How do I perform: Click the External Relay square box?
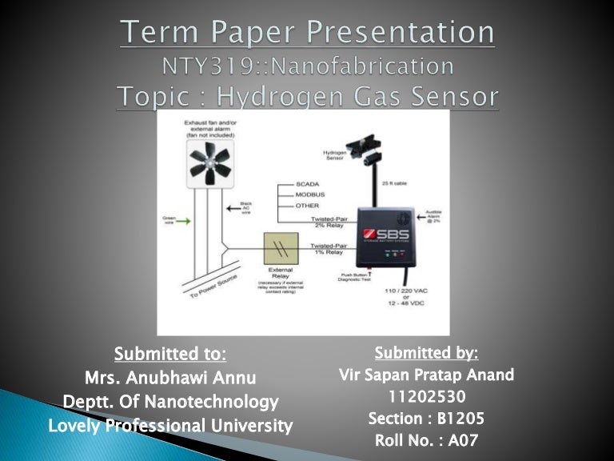click(x=281, y=248)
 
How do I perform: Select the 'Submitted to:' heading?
click(x=170, y=354)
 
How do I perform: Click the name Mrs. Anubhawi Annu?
click(x=170, y=377)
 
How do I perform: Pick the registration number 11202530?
click(x=426, y=396)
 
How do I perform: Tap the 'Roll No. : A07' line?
click(x=426, y=440)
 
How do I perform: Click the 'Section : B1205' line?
click(x=426, y=419)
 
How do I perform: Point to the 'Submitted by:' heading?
click(x=426, y=352)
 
